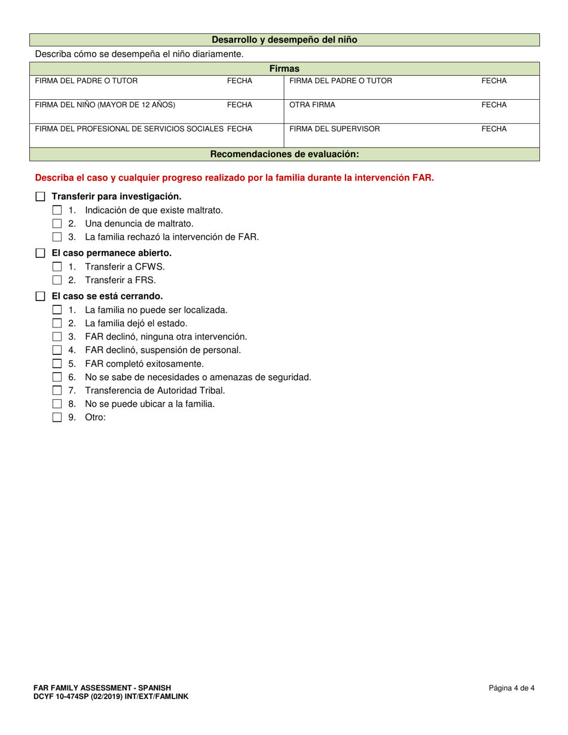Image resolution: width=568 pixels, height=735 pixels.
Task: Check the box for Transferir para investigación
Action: [x=40, y=197]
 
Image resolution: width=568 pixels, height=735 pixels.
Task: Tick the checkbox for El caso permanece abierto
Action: [x=40, y=253]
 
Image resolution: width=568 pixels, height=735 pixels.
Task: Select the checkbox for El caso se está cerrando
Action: [x=40, y=296]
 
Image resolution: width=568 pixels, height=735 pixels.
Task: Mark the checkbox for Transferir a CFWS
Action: [x=57, y=267]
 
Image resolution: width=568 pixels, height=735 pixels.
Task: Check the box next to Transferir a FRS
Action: [x=57, y=280]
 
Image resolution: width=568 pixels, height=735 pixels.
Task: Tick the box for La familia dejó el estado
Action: [x=57, y=323]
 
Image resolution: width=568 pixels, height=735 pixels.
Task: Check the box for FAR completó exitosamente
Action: [x=57, y=363]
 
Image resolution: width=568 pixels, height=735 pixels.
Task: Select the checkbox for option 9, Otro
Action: [x=57, y=418]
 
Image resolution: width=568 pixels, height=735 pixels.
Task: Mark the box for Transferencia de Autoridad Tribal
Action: [x=57, y=391]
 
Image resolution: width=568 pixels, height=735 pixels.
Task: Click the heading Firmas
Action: [x=284, y=69]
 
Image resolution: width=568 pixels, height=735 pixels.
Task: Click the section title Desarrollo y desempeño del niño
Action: [x=284, y=40]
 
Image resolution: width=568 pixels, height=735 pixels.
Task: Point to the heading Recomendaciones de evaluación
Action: [x=284, y=154]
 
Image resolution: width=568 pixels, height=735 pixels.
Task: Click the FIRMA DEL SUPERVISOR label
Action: [x=334, y=128]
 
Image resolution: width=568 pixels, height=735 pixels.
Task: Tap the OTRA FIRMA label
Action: [x=312, y=105]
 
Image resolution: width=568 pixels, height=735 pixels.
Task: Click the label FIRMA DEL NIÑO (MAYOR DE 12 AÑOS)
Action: [x=105, y=105]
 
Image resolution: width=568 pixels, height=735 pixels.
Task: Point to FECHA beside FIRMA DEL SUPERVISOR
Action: [x=494, y=128]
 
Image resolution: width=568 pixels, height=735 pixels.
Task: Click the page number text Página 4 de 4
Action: [x=511, y=688]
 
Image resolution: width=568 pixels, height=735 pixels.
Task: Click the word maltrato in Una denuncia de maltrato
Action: [x=174, y=223]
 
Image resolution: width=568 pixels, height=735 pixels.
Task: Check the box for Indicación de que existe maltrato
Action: [x=57, y=210]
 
